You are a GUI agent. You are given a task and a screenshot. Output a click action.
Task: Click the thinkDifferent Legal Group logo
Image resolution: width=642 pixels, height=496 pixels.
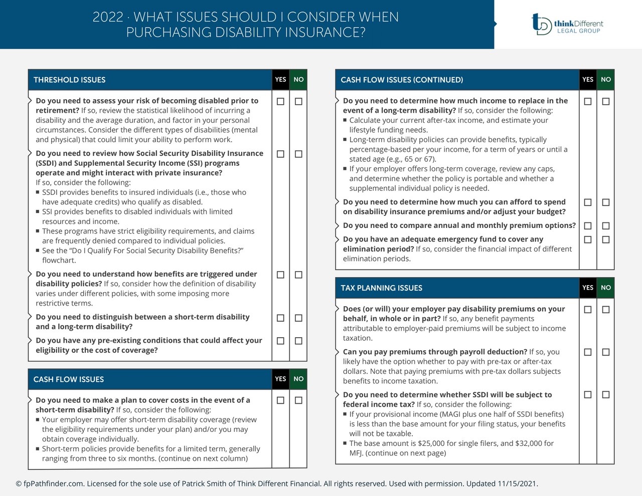click(x=567, y=24)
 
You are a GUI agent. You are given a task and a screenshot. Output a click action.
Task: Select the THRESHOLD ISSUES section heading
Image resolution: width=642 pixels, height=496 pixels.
click(x=69, y=80)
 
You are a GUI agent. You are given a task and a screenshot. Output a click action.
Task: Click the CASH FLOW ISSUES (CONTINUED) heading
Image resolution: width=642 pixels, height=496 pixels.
click(x=402, y=80)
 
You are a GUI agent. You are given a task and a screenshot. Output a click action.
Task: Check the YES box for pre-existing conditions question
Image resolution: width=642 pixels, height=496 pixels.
click(x=280, y=341)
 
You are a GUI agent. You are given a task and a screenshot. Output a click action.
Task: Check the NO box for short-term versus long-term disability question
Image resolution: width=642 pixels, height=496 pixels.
click(x=298, y=318)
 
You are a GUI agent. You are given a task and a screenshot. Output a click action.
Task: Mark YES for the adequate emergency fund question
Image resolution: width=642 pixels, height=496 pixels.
click(x=588, y=240)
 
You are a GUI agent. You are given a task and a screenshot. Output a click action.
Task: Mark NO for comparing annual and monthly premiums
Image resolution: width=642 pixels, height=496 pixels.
click(x=606, y=226)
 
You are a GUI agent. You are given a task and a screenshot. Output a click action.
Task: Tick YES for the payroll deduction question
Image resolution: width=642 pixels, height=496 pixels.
click(x=588, y=352)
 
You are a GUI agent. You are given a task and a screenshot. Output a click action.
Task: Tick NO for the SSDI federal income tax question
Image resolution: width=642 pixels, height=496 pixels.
click(x=606, y=395)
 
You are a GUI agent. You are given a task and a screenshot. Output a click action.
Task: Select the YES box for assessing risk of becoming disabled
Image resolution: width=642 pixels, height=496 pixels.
click(x=280, y=102)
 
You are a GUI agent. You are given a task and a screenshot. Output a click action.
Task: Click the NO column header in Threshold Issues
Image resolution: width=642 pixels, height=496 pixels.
click(x=298, y=80)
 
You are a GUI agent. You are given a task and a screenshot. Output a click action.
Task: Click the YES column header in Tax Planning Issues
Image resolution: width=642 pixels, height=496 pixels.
click(x=588, y=288)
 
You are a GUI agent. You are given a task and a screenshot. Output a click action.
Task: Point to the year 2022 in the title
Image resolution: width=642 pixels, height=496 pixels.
click(x=108, y=17)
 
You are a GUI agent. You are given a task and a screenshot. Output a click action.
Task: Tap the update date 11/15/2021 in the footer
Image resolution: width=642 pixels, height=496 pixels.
click(x=517, y=484)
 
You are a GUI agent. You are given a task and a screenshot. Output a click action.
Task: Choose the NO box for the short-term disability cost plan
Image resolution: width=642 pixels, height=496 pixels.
click(x=298, y=400)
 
